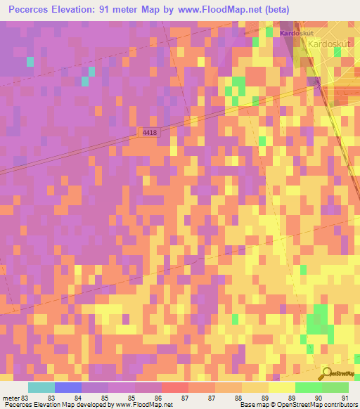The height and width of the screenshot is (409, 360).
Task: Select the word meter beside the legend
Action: click(x=11, y=397)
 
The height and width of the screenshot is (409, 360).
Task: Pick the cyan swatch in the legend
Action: click(x=41, y=387)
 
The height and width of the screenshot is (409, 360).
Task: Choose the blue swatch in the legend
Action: click(x=68, y=387)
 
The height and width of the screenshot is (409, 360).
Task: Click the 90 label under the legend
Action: click(x=319, y=397)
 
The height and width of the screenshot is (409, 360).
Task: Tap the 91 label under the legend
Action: click(x=345, y=397)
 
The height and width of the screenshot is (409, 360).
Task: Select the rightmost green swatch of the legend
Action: click(x=335, y=387)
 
